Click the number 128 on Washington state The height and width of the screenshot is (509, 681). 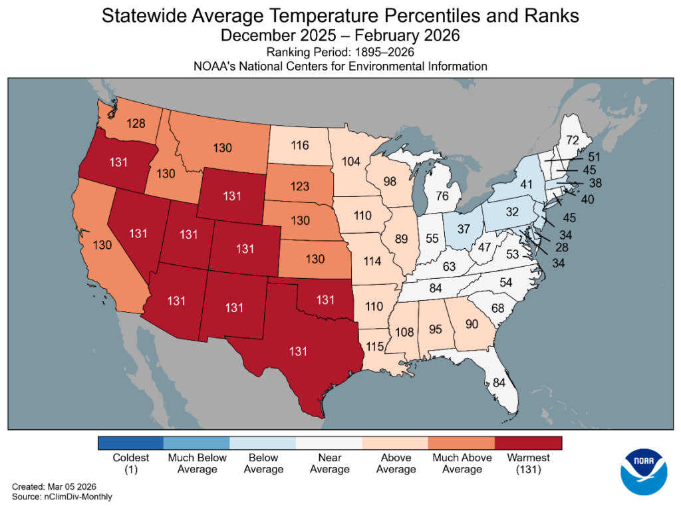[x=135, y=123]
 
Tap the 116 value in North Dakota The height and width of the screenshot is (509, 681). [x=301, y=145]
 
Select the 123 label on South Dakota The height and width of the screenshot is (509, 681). [x=300, y=186]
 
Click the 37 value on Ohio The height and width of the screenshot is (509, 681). [x=464, y=229]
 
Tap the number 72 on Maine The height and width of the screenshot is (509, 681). [x=573, y=140]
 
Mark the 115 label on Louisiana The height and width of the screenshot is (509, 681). [x=376, y=347]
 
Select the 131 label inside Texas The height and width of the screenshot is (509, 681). [x=297, y=351]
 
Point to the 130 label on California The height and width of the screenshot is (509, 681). [x=102, y=245]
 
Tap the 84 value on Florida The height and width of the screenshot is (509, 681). [x=499, y=382]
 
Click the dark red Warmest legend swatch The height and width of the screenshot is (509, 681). [x=528, y=443]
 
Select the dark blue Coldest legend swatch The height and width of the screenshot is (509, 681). [x=130, y=443]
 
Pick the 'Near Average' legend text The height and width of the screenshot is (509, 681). [x=329, y=463]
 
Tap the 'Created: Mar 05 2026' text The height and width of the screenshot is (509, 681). [x=50, y=487]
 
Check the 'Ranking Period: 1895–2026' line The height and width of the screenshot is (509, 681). [x=340, y=52]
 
